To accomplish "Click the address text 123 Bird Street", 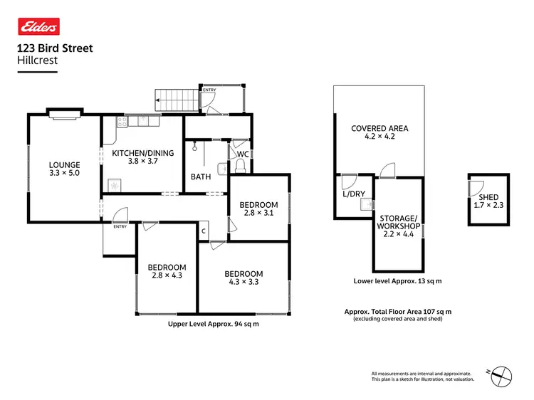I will pos(54,49).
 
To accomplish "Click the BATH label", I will pos(200,177).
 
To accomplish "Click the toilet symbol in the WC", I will pos(240,167).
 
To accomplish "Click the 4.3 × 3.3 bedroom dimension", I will pos(244,283).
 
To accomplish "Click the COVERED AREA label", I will pos(379,128).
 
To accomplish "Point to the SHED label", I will pos(488,197).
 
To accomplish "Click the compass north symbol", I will pos(503,372).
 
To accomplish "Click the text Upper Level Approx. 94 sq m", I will pos(213,325).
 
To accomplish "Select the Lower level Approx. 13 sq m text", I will pos(397,281).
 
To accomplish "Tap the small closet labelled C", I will pos(204,231).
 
